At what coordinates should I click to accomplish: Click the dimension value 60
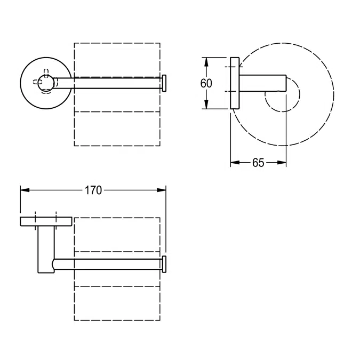click(x=206, y=83)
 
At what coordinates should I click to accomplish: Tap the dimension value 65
click(x=258, y=163)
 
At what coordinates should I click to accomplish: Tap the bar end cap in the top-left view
click(x=165, y=83)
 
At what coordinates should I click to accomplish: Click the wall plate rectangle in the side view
click(x=235, y=83)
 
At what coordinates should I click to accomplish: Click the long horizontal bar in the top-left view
click(x=109, y=83)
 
